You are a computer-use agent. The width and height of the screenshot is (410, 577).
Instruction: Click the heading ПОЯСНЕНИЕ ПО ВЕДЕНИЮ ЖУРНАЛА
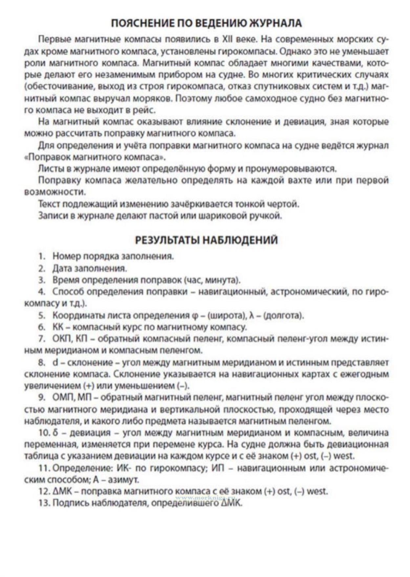pos(206,23)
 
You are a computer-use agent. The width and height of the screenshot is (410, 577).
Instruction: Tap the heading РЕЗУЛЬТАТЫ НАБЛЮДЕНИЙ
pos(206,240)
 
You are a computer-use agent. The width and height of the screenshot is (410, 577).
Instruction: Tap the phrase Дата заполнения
pos(90,268)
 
